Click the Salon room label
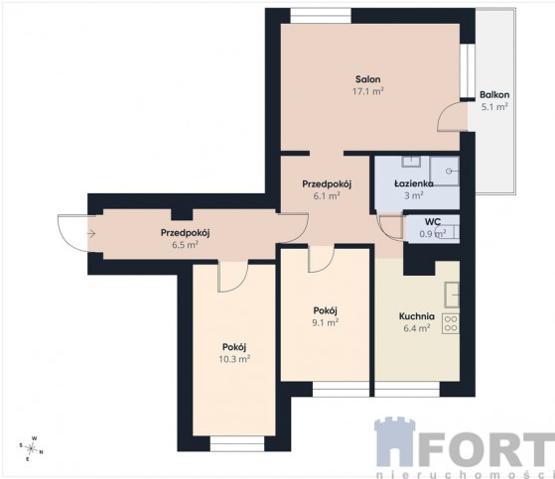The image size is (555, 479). (x=368, y=79)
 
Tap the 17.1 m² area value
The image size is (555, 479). (x=368, y=91)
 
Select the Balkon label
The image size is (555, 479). (x=494, y=95)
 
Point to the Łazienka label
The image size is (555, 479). (x=414, y=183)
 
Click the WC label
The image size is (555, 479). (x=433, y=222)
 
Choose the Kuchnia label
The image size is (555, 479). (x=417, y=316)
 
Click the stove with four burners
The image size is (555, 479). (x=451, y=323)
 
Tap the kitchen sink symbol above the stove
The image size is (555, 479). (x=452, y=295)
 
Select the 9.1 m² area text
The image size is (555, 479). (x=326, y=322)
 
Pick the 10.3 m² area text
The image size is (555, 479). (x=234, y=359)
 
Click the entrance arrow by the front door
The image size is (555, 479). (x=91, y=233)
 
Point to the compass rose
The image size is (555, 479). (x=32, y=448)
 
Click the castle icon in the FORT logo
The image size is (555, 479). (x=395, y=442)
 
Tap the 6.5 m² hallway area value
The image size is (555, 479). (x=185, y=245)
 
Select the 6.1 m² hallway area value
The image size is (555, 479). (x=327, y=195)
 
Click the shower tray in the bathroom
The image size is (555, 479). (x=445, y=172)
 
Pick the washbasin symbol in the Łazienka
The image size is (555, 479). (x=411, y=162)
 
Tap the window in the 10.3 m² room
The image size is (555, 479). (x=237, y=443)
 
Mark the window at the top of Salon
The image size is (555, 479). (x=321, y=16)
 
